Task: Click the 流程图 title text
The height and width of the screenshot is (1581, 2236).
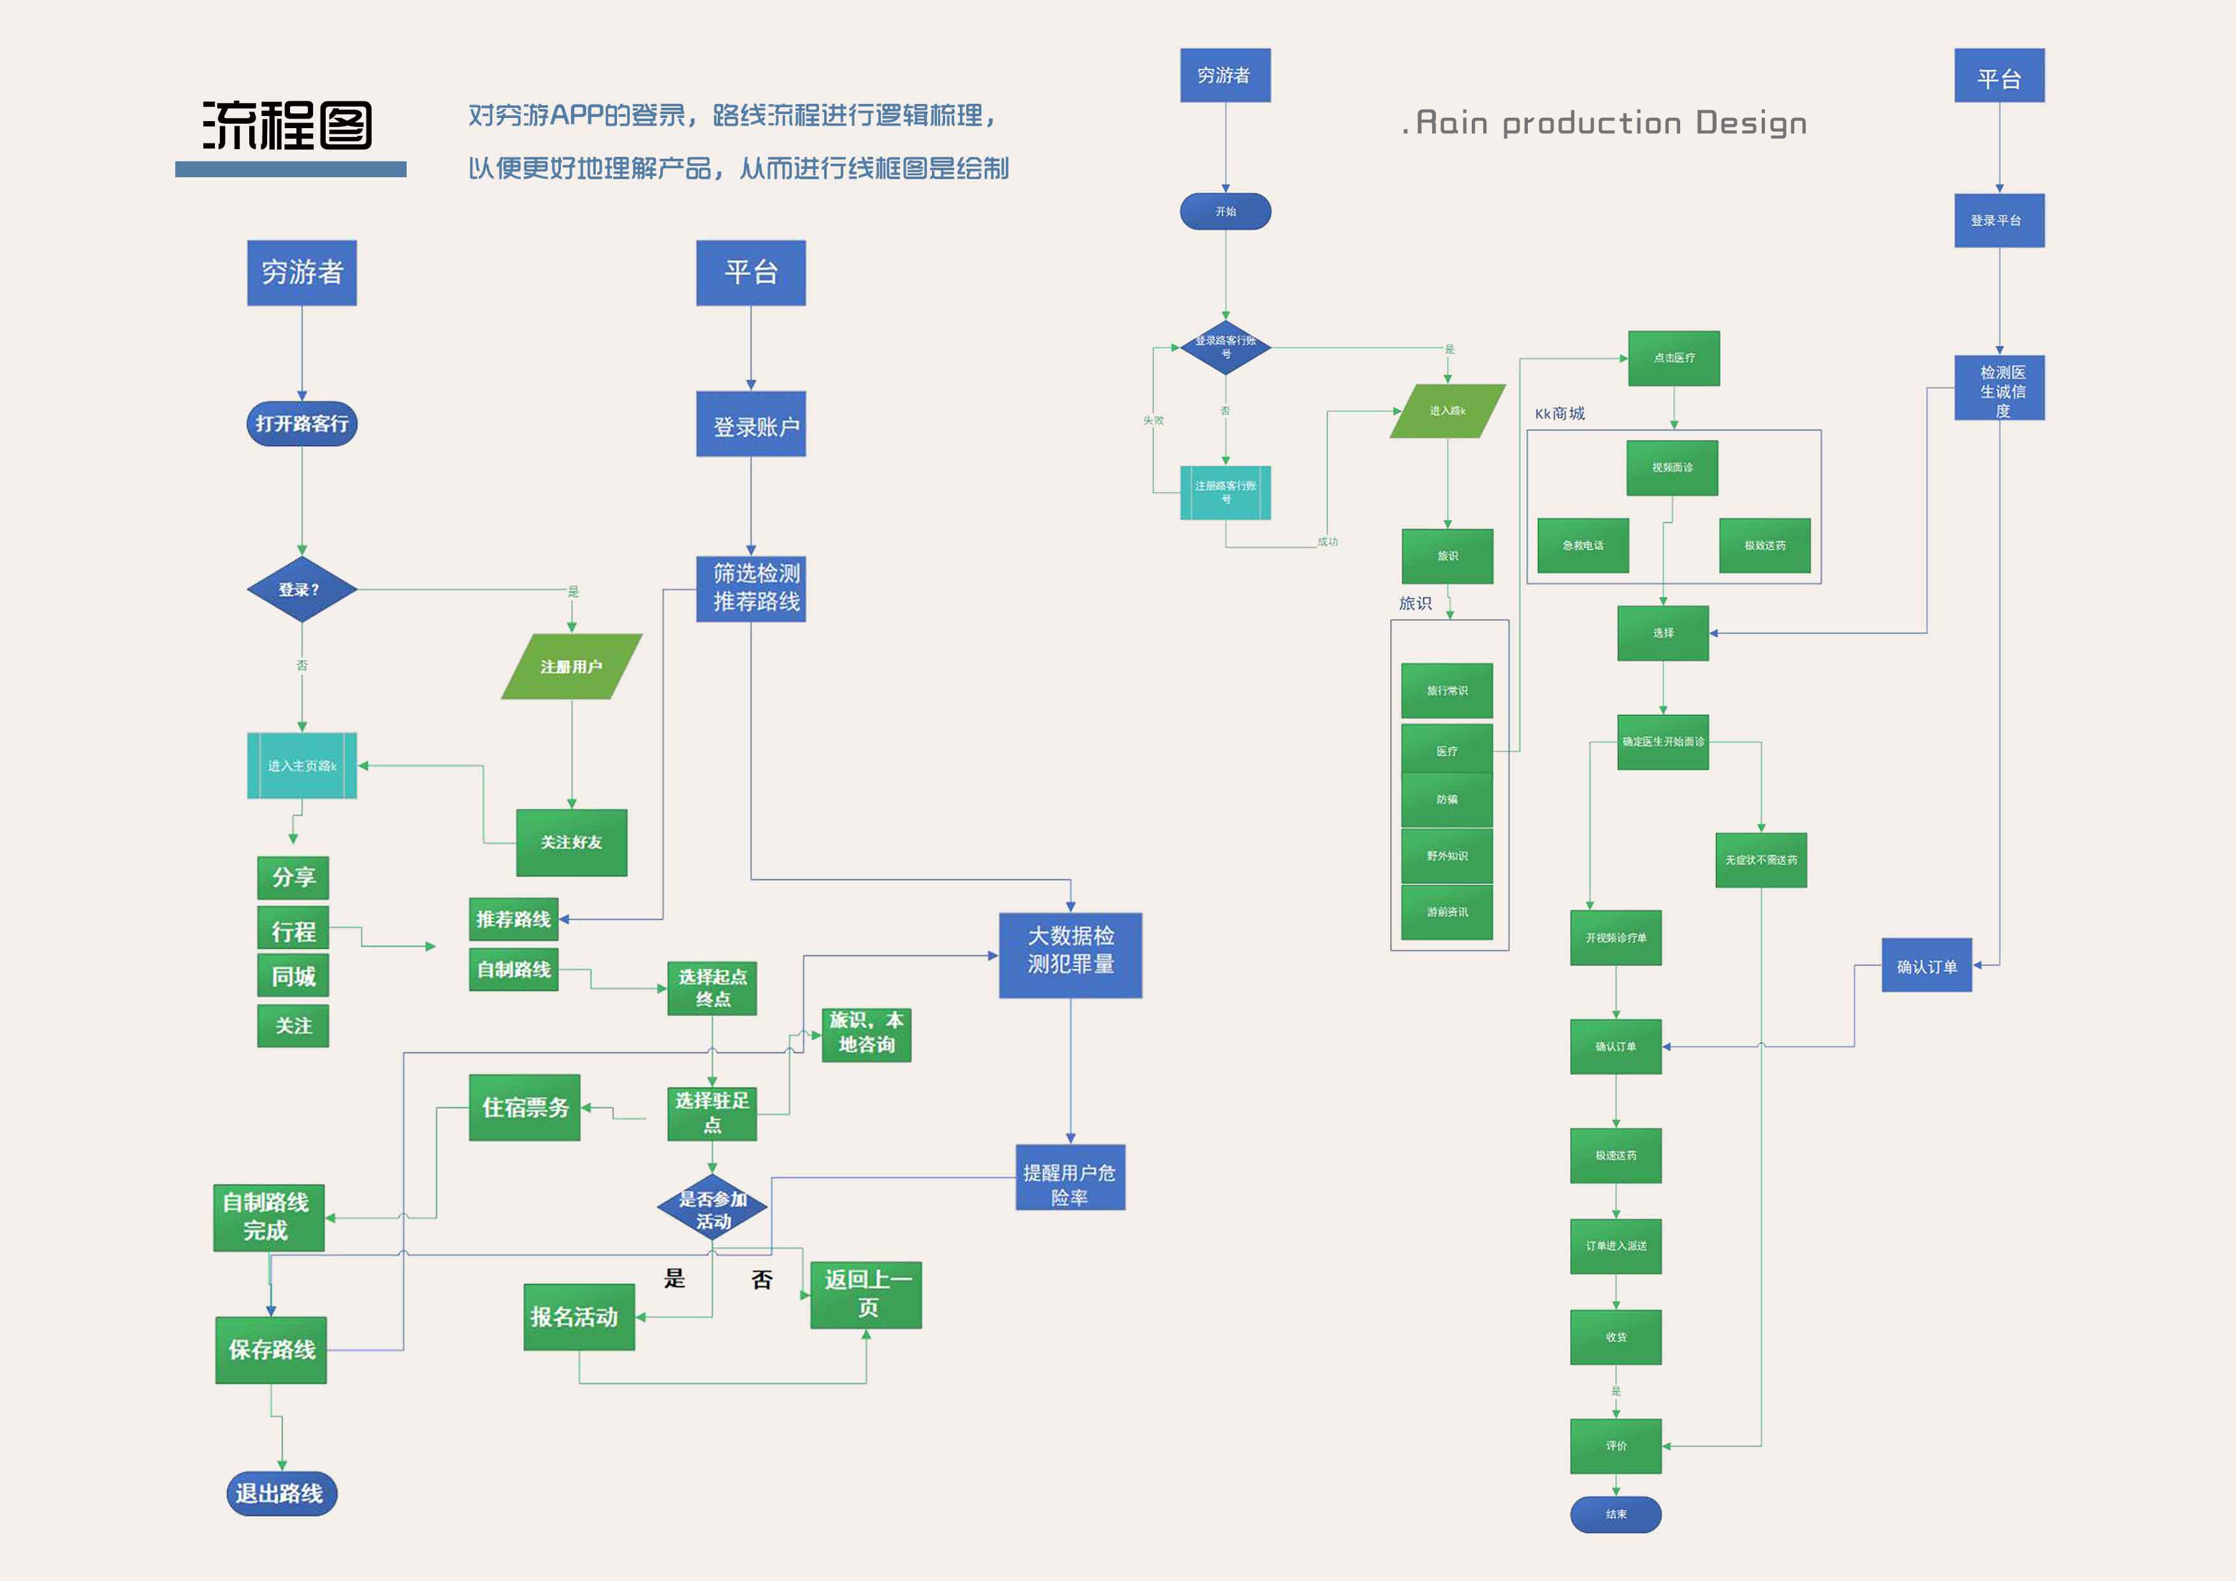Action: [287, 126]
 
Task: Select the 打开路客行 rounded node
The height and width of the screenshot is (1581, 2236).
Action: [302, 424]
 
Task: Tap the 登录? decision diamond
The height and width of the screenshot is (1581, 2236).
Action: [302, 589]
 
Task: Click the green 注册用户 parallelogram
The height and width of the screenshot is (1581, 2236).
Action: [572, 666]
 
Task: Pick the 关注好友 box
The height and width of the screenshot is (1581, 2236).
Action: [572, 841]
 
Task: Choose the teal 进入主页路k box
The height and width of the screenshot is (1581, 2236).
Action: [302, 766]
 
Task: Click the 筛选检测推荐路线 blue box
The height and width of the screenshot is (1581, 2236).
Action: [751, 588]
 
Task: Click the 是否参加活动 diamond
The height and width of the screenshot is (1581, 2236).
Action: [712, 1208]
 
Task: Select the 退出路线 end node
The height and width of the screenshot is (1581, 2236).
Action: [282, 1493]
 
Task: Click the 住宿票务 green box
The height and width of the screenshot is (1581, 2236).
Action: [525, 1107]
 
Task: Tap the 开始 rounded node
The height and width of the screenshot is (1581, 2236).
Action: [1225, 212]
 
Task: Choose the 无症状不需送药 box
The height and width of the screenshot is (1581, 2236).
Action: [1760, 860]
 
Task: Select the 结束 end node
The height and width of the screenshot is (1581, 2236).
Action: [1616, 1514]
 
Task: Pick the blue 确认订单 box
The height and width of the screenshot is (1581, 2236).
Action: [1926, 965]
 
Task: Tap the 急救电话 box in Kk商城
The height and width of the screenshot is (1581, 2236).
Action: [1583, 546]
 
